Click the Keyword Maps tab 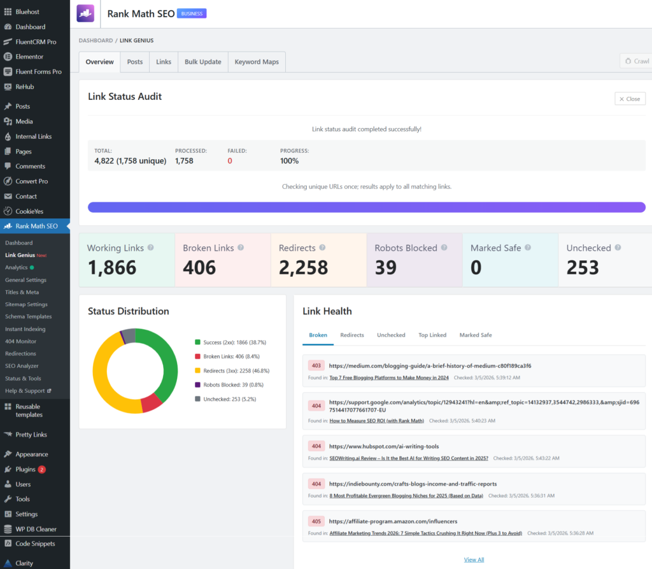(x=257, y=62)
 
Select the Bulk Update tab (x=202, y=62)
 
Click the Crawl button (x=635, y=61)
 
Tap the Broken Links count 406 (x=199, y=267)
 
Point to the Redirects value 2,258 (x=303, y=267)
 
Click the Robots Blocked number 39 (x=386, y=267)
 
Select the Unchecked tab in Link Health (x=391, y=335)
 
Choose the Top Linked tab (x=432, y=335)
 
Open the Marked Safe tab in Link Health (x=476, y=335)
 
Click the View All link (x=474, y=559)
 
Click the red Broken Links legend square (x=197, y=356)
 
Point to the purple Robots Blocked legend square (x=197, y=384)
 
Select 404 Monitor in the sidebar (x=20, y=341)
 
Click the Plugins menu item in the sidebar (x=25, y=469)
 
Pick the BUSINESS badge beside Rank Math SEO (x=192, y=13)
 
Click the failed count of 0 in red (x=230, y=161)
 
